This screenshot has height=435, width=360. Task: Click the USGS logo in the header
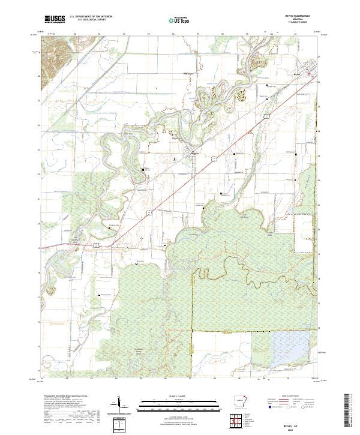55,19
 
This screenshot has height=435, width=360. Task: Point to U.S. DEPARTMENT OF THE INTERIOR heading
91,16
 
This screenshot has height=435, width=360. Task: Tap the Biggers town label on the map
194,153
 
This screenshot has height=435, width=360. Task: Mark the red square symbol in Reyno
310,74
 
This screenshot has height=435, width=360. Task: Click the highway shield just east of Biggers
213,159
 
